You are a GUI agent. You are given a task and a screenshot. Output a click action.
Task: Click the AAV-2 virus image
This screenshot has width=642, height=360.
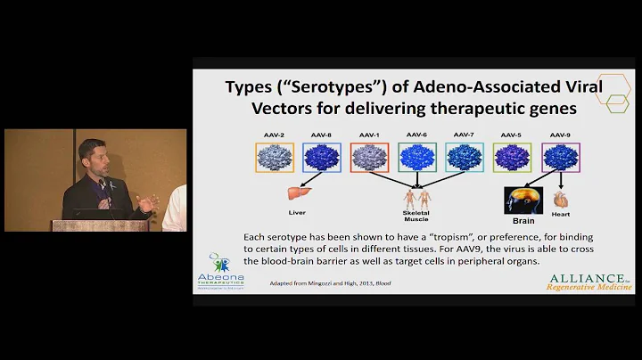point(275,158)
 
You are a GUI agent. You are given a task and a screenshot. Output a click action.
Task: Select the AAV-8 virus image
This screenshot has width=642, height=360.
point(321,158)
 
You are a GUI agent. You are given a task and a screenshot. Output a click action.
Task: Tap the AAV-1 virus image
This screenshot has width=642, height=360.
point(368,158)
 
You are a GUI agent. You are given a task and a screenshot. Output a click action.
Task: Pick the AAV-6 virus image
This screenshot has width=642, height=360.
point(416,158)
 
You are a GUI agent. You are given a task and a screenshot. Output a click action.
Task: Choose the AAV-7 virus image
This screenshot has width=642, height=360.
point(464,158)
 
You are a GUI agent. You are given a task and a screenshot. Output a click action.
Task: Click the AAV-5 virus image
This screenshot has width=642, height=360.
point(511,158)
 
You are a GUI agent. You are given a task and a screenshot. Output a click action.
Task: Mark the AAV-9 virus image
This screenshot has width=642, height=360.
point(559,158)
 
